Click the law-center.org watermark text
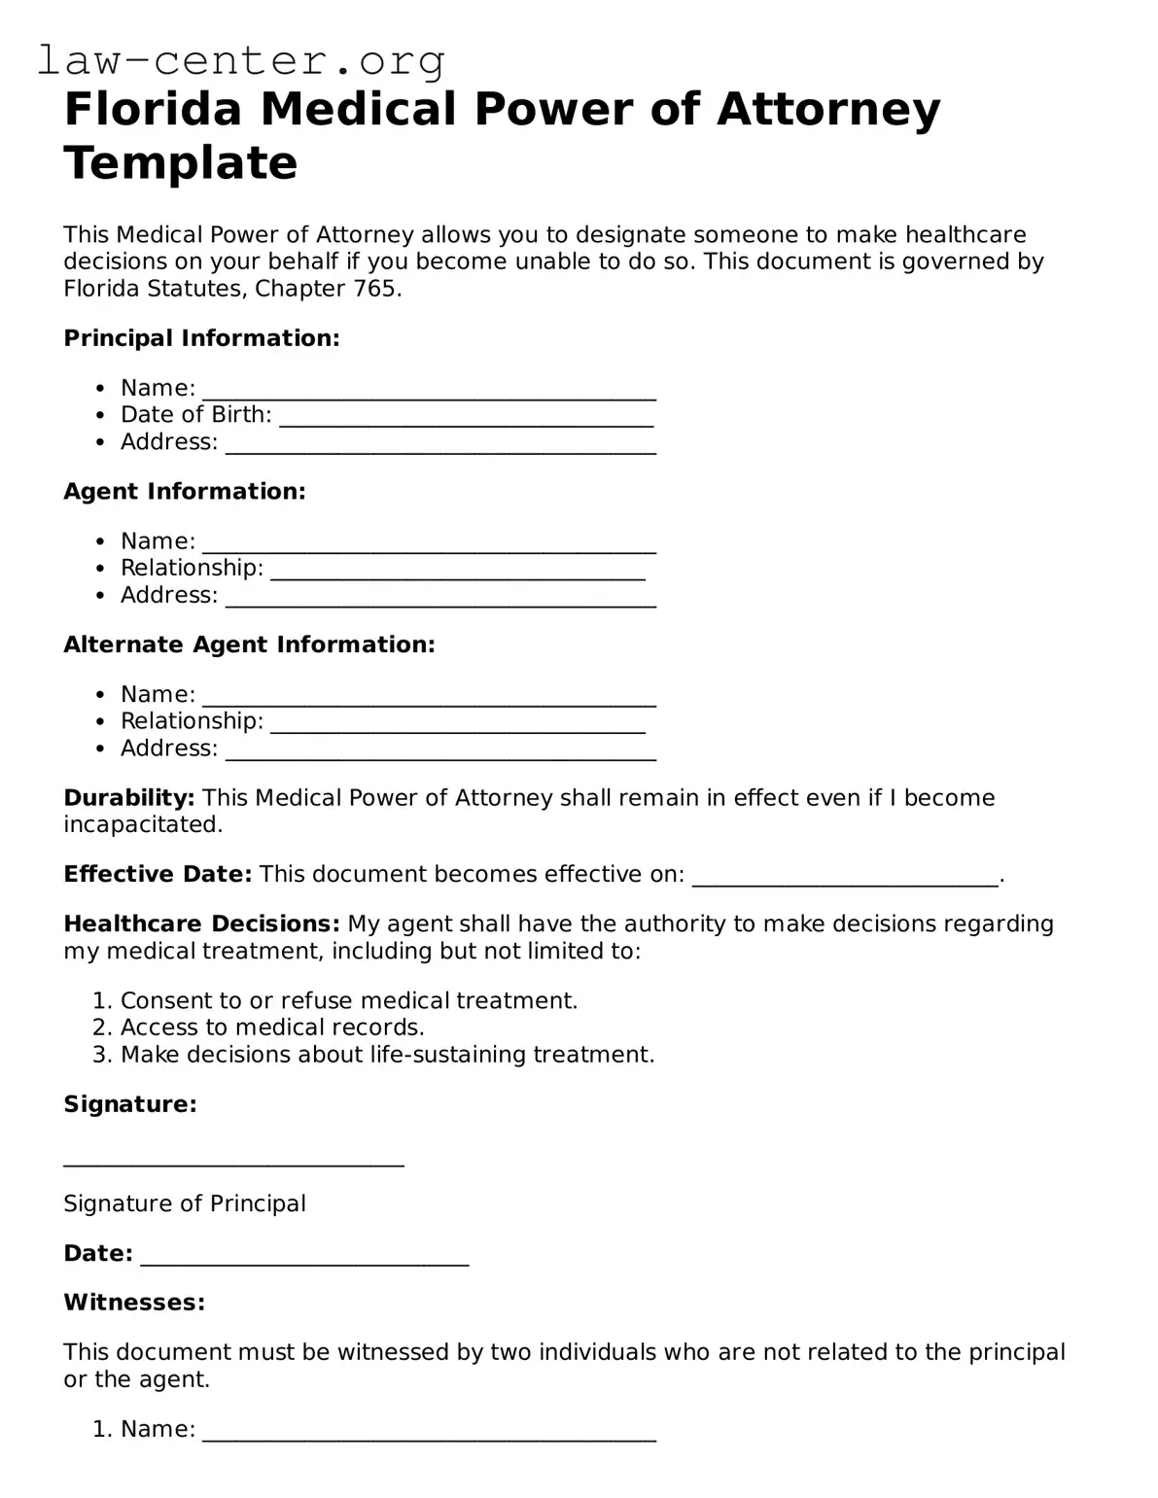(x=241, y=60)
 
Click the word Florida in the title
(x=152, y=109)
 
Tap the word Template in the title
(x=181, y=162)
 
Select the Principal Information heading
(x=201, y=338)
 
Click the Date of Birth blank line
(x=466, y=418)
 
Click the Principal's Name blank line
(x=429, y=391)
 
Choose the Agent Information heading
(x=185, y=492)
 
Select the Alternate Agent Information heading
(x=249, y=644)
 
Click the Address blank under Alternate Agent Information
(x=440, y=751)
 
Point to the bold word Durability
(x=129, y=798)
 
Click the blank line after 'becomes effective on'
(x=844, y=878)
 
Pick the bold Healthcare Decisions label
(x=201, y=923)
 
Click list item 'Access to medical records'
(x=272, y=1028)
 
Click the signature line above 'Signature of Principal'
(x=233, y=1158)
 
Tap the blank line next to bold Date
(x=304, y=1257)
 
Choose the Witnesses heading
(x=134, y=1303)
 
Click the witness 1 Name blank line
(x=429, y=1433)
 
